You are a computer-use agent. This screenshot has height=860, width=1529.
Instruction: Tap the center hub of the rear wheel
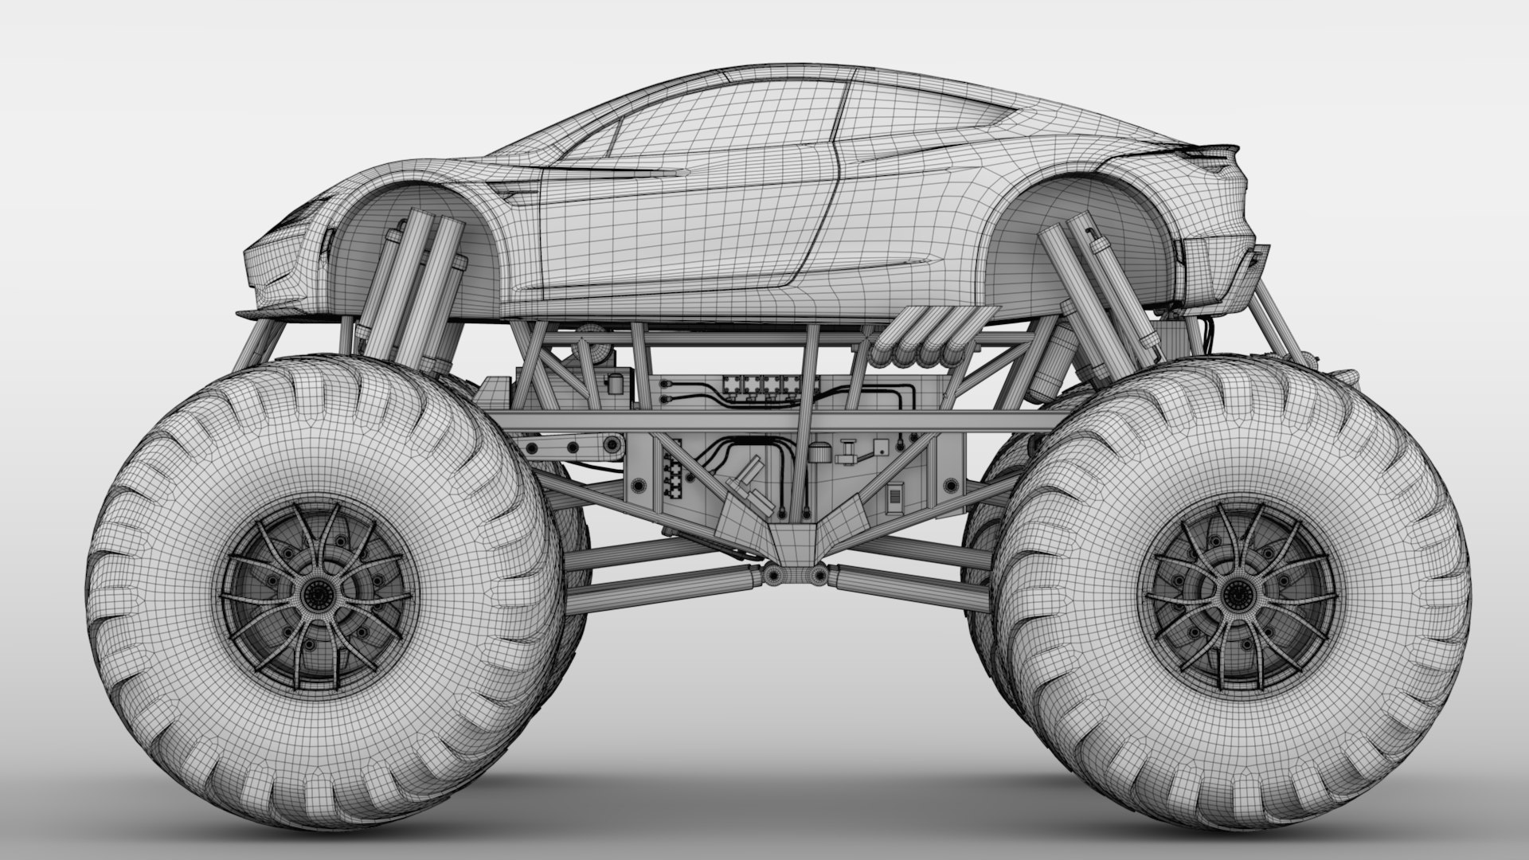click(1237, 592)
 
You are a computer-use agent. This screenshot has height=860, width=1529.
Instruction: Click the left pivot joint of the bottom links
click(770, 575)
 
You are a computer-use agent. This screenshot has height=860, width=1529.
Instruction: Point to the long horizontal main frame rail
click(764, 420)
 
